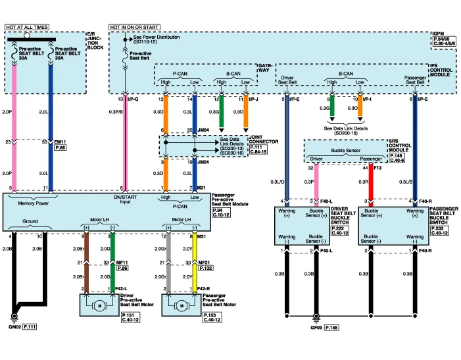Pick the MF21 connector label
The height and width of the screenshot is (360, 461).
(204, 262)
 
